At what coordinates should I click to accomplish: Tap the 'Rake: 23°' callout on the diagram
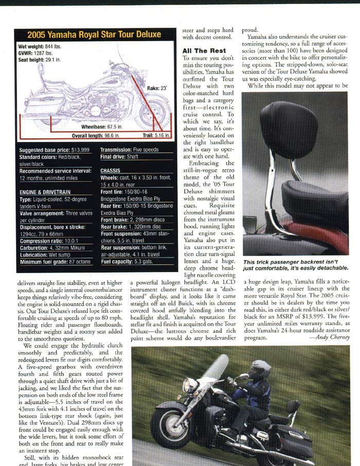click(157, 88)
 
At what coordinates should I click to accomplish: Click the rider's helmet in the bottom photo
click(260, 368)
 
